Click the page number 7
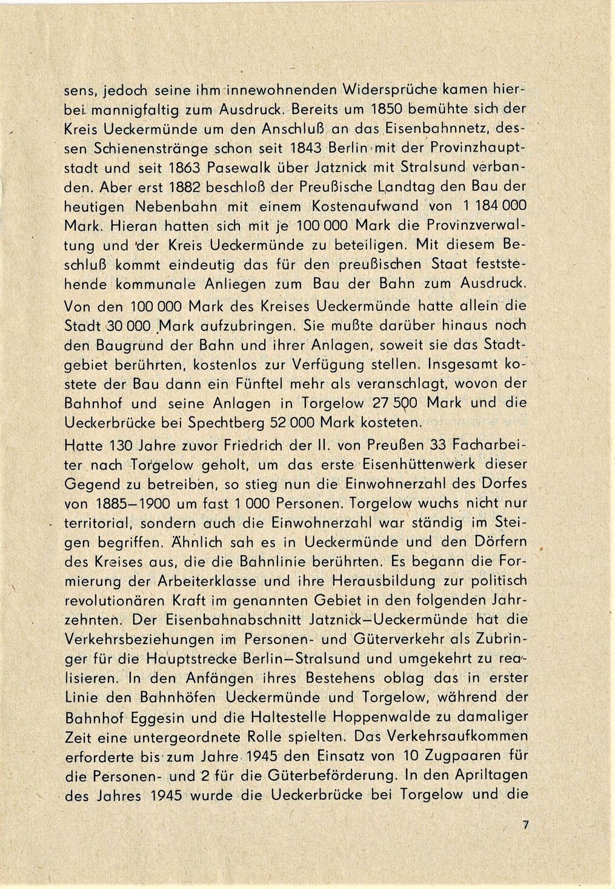(525, 825)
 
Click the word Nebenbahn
(190, 206)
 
